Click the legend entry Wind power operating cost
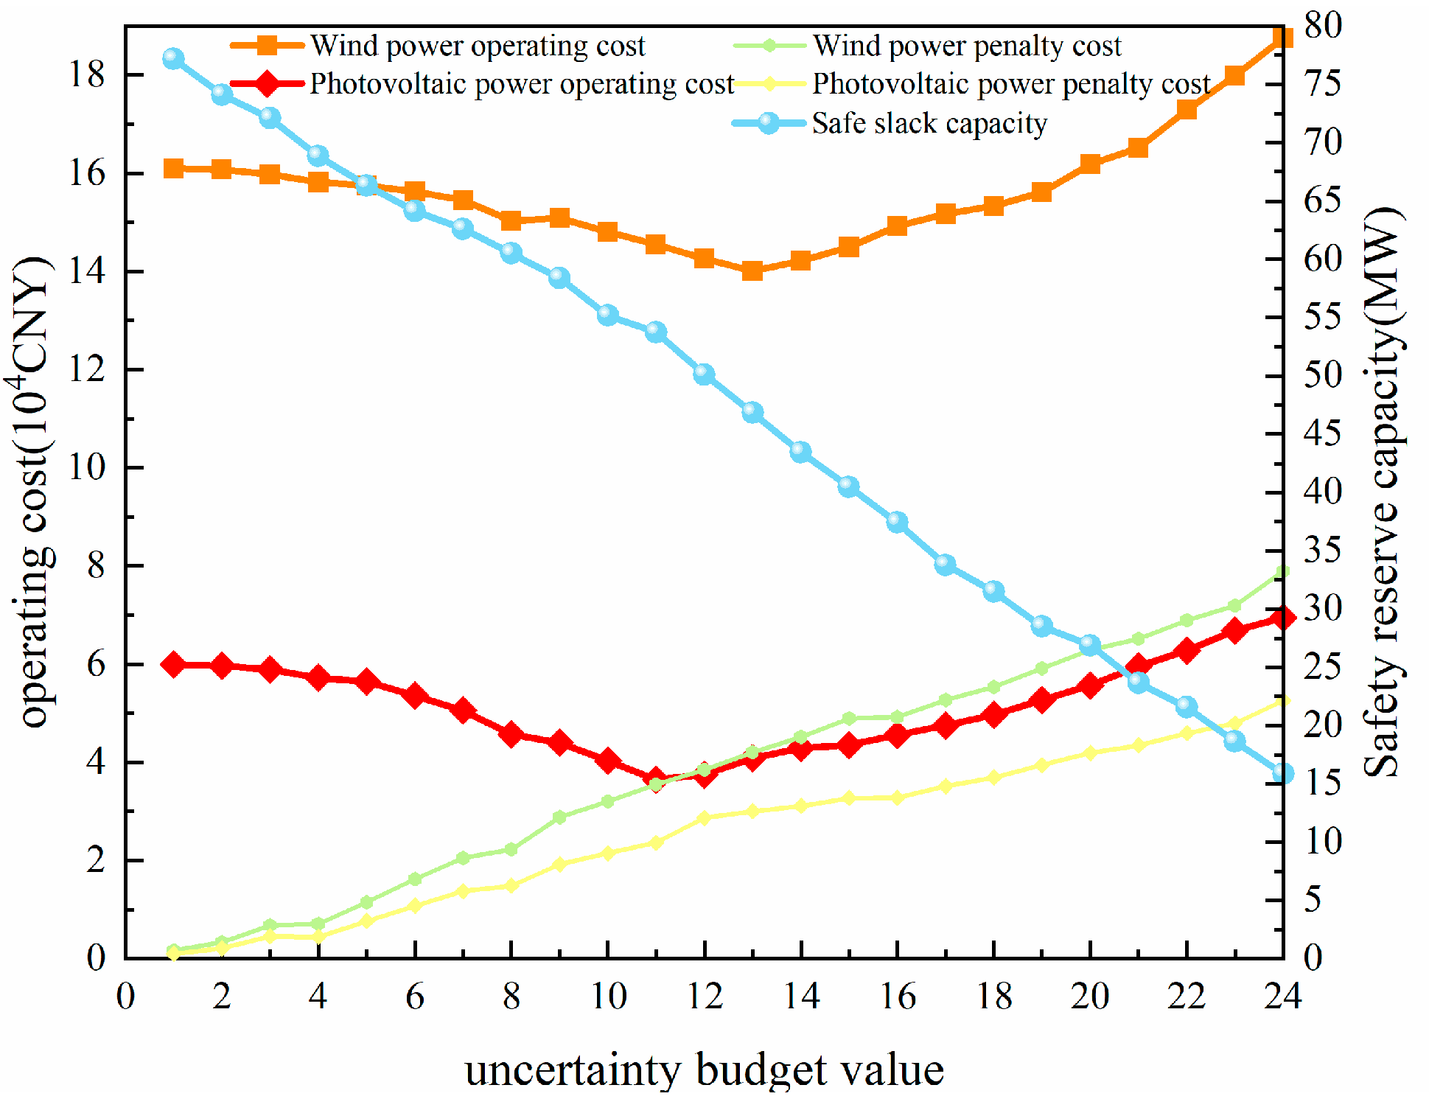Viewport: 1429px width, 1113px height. coord(476,46)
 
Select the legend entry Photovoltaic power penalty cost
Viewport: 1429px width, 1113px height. coord(1010,84)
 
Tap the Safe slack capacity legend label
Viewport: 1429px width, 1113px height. coord(929,123)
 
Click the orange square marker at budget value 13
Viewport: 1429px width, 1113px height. coord(752,271)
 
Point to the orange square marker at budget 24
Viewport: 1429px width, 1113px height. coord(1282,37)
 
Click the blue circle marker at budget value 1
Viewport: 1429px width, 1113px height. coord(173,59)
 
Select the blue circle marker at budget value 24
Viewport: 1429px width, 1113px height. coord(1282,773)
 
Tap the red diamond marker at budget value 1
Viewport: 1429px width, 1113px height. coord(173,664)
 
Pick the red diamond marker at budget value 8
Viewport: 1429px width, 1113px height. coord(511,734)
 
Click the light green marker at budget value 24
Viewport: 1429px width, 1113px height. coord(1282,572)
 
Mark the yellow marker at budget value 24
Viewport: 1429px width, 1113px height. coord(1282,700)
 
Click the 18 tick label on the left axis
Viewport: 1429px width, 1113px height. coord(87,74)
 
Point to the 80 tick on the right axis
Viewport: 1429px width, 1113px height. coord(1323,26)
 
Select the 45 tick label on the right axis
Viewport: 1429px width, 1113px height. coord(1323,433)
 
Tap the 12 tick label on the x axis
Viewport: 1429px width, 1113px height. coord(705,997)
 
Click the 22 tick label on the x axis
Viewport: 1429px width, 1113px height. coord(1187,997)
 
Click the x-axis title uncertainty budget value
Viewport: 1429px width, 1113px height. coord(704,1070)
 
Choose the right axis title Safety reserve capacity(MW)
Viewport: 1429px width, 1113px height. coord(1383,492)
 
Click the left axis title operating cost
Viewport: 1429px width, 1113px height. coord(33,492)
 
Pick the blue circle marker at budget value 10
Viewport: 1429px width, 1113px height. coord(607,315)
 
